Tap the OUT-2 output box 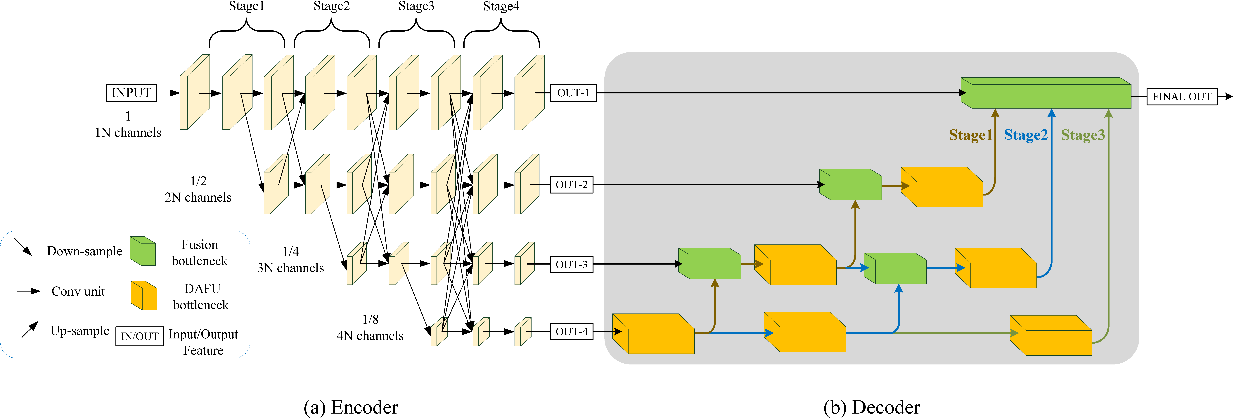tap(572, 185)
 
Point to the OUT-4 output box tap(572, 332)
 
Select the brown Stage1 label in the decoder tap(970, 135)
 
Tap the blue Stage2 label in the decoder tap(1026, 135)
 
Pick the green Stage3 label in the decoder tap(1083, 135)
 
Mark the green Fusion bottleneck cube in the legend tap(143, 251)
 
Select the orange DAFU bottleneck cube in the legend tap(144, 296)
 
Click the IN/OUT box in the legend tap(139, 336)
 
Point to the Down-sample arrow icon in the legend tap(23, 247)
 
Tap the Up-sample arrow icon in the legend tap(30, 330)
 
